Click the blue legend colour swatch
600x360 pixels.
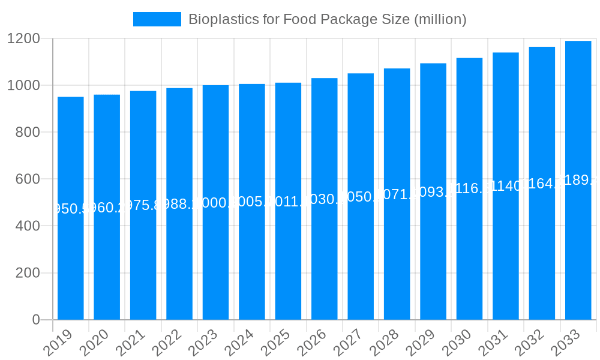[x=157, y=19]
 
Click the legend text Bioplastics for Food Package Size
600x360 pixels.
[x=327, y=19]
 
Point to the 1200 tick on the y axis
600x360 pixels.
[x=23, y=39]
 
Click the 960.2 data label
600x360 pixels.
[x=107, y=208]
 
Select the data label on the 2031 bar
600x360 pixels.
[x=506, y=186]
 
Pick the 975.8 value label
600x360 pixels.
[x=143, y=206]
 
